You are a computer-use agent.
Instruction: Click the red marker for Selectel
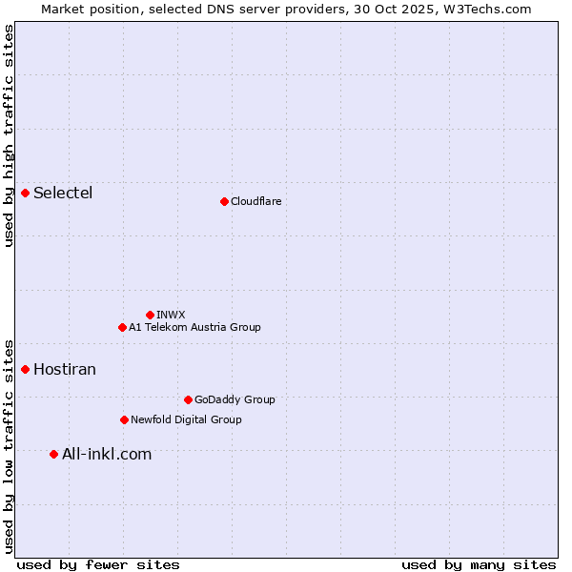(26, 194)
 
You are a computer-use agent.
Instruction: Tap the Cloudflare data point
(224, 201)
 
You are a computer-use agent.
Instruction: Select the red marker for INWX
(150, 315)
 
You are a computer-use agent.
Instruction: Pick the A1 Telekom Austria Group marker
(122, 327)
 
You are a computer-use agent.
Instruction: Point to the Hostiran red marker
(26, 369)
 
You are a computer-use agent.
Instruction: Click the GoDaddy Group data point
(188, 399)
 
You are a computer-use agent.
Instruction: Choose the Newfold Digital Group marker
(124, 419)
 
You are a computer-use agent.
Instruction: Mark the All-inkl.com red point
(53, 454)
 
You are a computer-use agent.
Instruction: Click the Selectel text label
(63, 194)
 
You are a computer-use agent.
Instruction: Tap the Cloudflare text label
(255, 201)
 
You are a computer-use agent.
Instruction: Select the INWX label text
(171, 315)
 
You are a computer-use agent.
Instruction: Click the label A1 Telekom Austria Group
(194, 327)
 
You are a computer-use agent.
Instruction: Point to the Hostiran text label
(65, 369)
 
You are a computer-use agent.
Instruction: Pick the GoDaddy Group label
(235, 399)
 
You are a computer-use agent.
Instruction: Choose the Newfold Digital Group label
(186, 419)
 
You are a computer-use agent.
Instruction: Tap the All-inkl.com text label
(107, 454)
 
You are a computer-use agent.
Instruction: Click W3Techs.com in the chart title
(492, 9)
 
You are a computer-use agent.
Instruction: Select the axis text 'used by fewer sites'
(98, 564)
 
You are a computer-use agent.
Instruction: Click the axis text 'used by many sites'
(479, 564)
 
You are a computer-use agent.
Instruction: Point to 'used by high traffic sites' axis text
(9, 135)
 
